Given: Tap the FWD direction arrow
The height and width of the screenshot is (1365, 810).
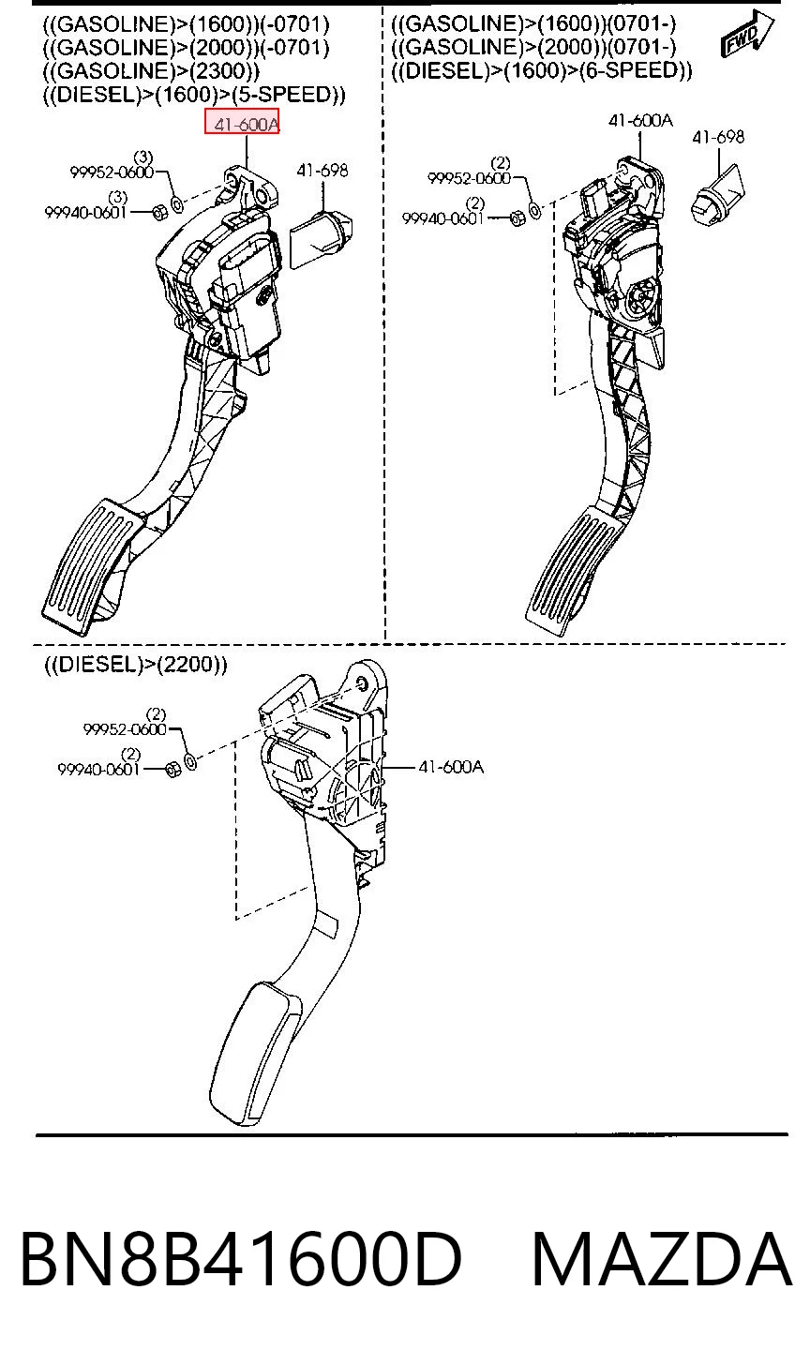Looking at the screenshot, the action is (747, 34).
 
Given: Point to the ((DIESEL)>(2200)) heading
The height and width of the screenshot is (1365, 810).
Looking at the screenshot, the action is (135, 664).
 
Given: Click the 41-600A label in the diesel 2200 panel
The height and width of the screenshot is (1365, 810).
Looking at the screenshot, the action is (451, 767).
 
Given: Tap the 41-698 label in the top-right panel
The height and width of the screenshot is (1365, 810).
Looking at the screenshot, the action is (718, 137).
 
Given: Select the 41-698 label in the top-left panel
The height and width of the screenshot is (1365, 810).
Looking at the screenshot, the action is (322, 171).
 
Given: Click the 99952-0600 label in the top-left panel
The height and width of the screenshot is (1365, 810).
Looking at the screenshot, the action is (112, 172).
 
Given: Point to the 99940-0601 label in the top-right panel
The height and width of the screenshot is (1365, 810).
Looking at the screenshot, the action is (442, 218).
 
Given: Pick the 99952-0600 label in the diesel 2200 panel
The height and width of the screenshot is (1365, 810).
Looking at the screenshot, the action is (125, 728).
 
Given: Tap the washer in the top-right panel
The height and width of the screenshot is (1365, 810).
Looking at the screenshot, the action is (534, 210).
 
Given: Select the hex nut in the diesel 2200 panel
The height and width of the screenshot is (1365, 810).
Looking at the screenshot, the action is (173, 770).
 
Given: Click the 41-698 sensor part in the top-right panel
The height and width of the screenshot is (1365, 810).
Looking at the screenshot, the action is (717, 195).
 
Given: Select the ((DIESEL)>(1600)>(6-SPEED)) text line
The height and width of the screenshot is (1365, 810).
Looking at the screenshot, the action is (541, 70).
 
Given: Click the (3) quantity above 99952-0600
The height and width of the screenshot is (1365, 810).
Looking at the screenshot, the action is (143, 157).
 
